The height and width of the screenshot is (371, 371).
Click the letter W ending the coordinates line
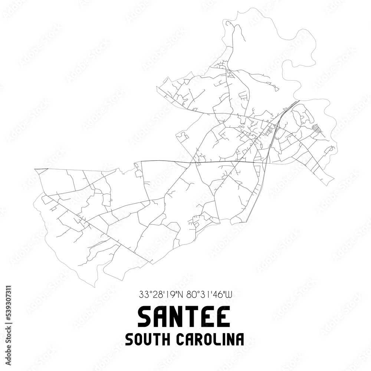pyautogui.click(x=228, y=295)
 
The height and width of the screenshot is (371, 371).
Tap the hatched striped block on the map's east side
pyautogui.click(x=316, y=128)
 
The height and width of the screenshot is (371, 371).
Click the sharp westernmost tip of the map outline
pyautogui.click(x=35, y=169)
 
